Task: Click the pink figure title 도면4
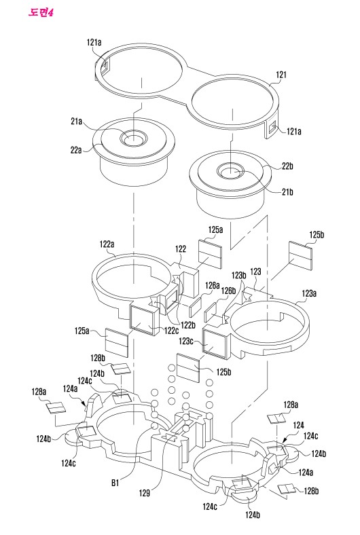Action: tap(41, 13)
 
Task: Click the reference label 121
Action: tap(281, 75)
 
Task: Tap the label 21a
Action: tap(77, 121)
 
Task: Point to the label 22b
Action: tap(287, 166)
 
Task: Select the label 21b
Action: tap(287, 192)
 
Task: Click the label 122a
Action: tap(107, 244)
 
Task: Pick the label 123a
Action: tap(309, 293)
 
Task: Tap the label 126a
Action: tap(212, 285)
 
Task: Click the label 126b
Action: tap(228, 291)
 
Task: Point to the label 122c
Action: tap(171, 330)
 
